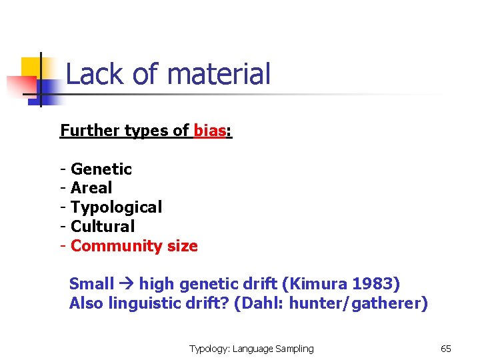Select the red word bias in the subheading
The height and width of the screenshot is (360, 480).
click(210, 130)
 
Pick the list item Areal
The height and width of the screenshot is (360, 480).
click(91, 188)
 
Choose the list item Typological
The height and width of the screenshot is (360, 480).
click(116, 207)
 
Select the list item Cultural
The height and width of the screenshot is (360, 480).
click(103, 227)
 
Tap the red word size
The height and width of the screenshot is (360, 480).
click(182, 246)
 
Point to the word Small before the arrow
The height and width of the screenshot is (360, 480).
click(91, 284)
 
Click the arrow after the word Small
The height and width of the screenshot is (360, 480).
click(127, 285)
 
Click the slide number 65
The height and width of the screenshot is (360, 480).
click(446, 349)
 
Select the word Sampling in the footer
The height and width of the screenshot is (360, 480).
click(291, 349)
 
